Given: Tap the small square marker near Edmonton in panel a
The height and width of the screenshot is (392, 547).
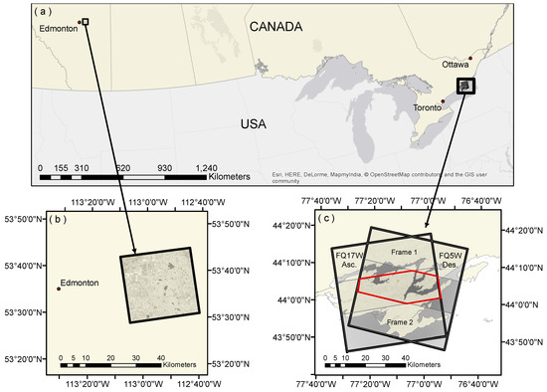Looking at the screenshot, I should (x=86, y=21).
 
